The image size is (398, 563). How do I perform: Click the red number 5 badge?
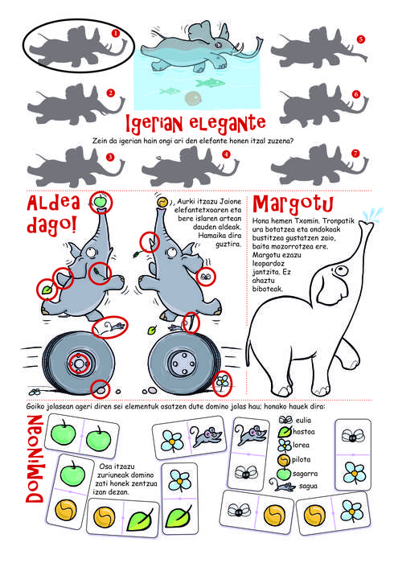(x=361, y=39)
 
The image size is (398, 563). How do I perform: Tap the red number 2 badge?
(x=110, y=93)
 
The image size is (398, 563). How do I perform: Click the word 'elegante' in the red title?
(x=228, y=123)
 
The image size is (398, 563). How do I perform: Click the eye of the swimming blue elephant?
(x=217, y=44)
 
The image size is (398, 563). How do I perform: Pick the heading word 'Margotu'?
(x=293, y=203)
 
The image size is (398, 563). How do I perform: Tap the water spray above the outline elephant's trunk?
(x=372, y=215)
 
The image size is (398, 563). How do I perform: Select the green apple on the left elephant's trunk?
(x=101, y=201)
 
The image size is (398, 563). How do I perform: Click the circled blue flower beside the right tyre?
(x=223, y=383)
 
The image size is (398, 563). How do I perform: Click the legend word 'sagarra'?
(x=305, y=474)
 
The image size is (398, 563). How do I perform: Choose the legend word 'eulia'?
(x=303, y=420)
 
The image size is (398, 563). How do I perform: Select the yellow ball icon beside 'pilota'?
(x=284, y=460)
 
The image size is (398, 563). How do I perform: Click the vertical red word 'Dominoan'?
(x=35, y=458)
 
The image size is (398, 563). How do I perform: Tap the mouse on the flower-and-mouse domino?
(x=206, y=436)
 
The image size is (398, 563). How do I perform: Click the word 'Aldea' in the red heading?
(x=54, y=203)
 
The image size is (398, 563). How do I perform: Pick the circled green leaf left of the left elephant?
(x=47, y=290)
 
